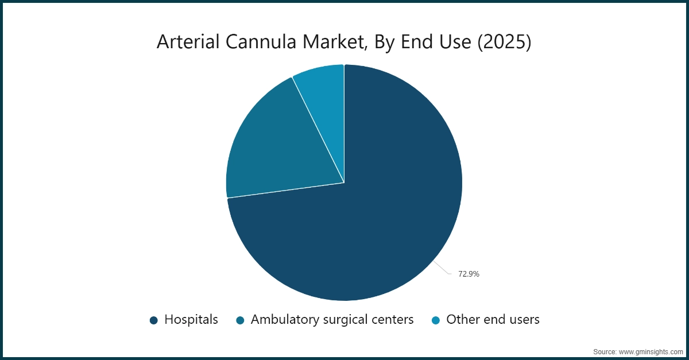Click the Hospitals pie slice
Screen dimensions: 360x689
[x=379, y=218]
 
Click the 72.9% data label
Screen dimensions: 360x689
[x=469, y=274]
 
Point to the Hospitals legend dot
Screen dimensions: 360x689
[x=153, y=320]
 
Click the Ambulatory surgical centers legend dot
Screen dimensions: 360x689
[x=240, y=320]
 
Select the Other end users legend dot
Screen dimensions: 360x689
[x=435, y=320]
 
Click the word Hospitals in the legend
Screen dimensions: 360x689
[x=191, y=320]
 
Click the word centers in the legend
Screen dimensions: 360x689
[x=393, y=320]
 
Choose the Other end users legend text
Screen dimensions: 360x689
[x=493, y=320]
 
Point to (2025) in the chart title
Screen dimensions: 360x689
[x=501, y=42]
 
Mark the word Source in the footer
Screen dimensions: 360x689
[x=604, y=351]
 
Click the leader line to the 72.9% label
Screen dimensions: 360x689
[x=442, y=267]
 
